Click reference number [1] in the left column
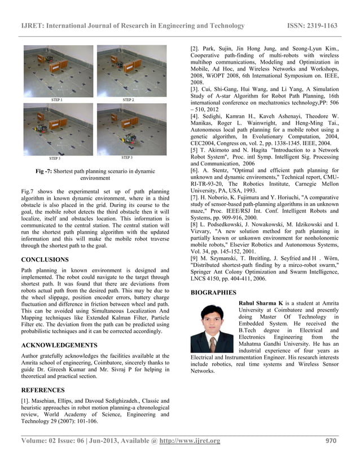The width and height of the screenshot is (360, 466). pos(26,401)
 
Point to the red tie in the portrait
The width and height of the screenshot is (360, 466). pos(211,344)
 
